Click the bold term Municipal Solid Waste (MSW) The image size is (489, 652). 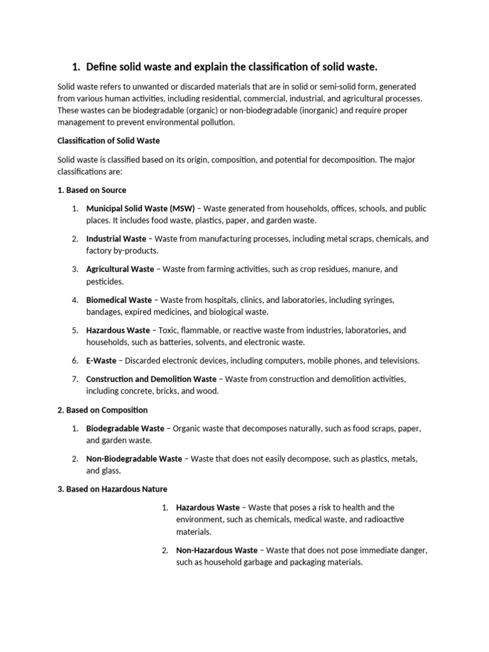(x=141, y=209)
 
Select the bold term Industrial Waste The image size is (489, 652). (x=117, y=239)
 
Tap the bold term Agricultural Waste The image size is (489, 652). (x=120, y=269)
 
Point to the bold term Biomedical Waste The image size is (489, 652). (x=119, y=300)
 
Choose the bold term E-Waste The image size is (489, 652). (x=101, y=360)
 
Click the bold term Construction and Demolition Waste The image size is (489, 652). (x=152, y=379)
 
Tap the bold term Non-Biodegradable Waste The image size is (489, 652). (x=134, y=458)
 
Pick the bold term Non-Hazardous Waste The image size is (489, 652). (x=217, y=550)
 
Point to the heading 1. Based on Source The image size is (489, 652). (x=92, y=190)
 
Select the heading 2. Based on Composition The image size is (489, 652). (x=103, y=410)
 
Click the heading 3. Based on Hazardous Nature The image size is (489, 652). (x=112, y=489)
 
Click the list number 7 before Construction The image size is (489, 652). (x=74, y=379)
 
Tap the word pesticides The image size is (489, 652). (x=104, y=281)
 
